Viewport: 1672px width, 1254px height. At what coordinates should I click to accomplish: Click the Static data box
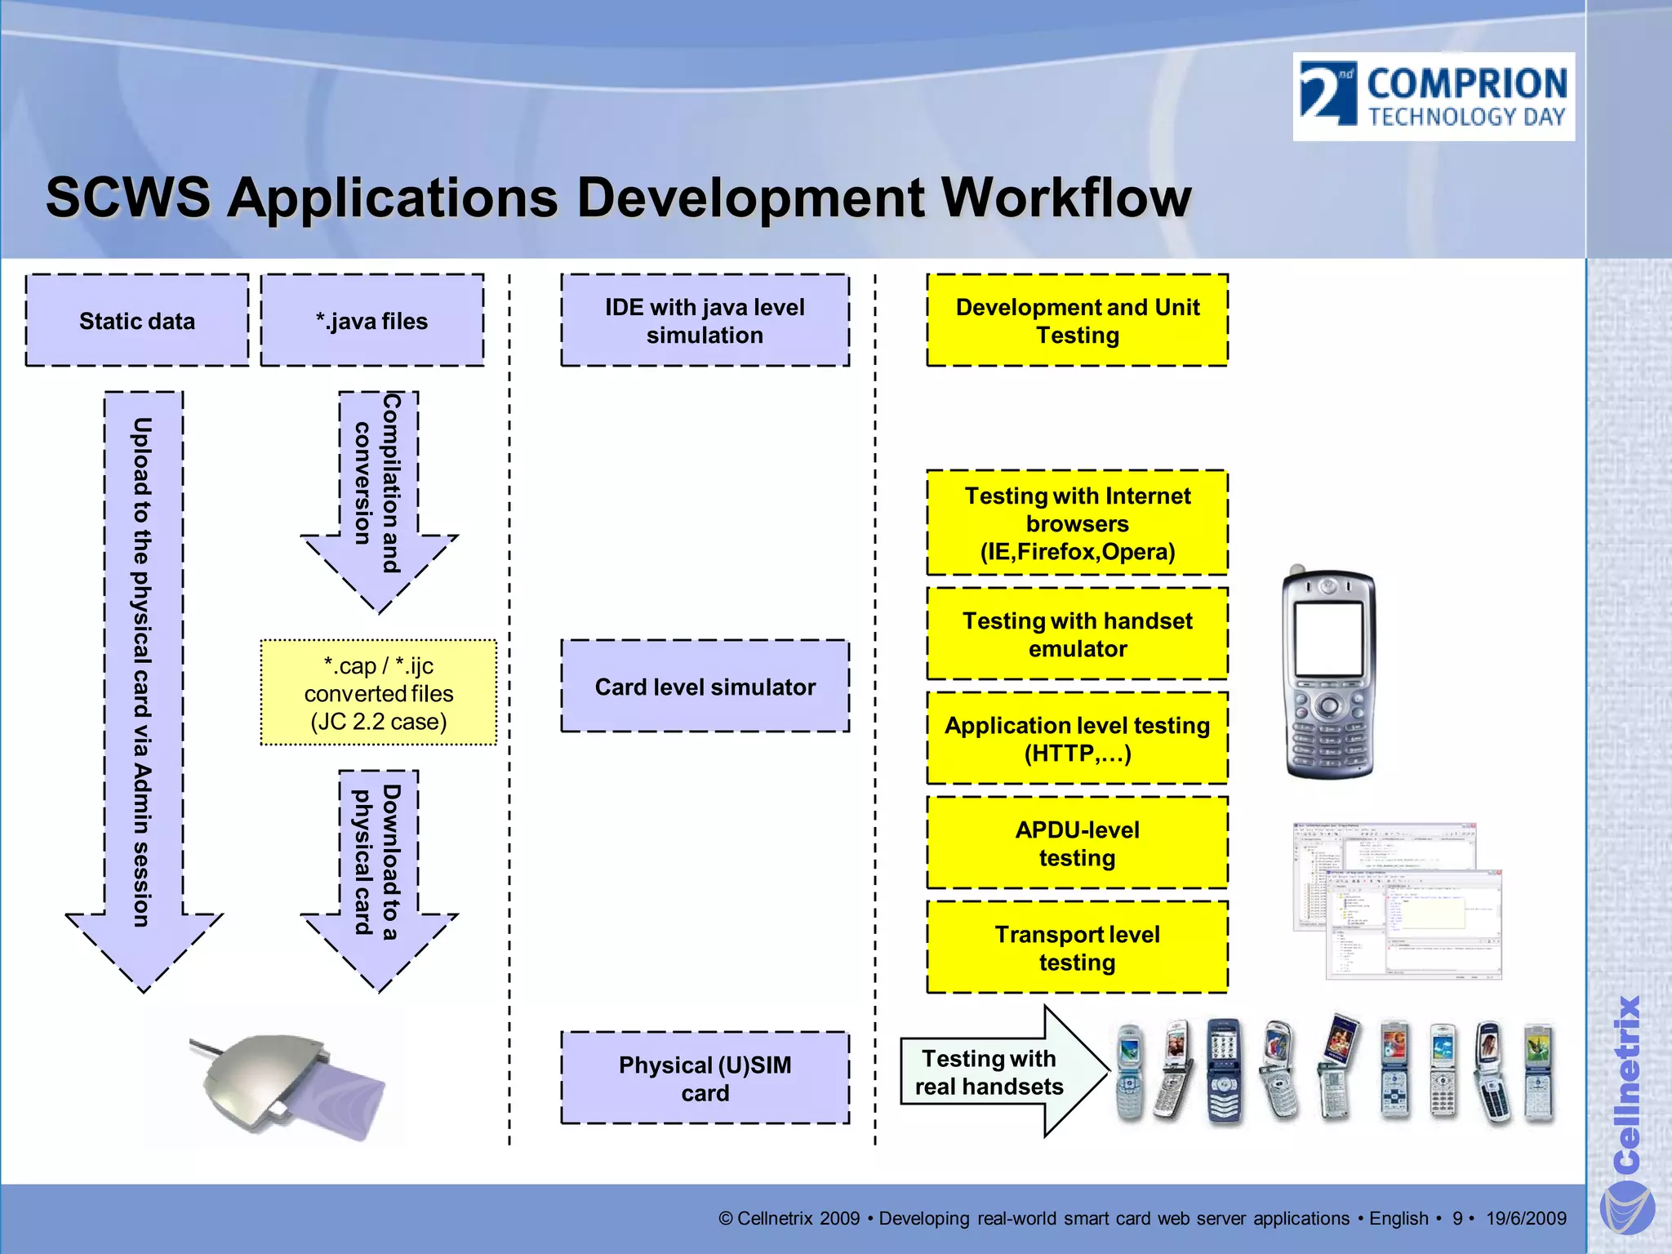137,321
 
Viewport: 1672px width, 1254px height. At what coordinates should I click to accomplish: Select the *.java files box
372,321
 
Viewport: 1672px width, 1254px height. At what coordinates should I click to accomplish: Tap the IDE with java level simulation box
705,321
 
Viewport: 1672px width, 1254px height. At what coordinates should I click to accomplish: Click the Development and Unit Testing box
1077,321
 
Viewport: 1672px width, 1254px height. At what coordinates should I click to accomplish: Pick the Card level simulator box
705,687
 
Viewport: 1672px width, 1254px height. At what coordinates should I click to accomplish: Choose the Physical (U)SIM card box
705,1078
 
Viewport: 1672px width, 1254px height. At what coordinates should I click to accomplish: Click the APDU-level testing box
1077,843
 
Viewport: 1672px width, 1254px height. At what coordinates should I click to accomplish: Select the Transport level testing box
1077,948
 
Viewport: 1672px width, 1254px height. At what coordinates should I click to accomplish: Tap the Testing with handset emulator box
1077,634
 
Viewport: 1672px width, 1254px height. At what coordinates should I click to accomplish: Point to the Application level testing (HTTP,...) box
1077,739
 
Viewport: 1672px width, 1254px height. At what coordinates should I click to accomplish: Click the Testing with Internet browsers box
1077,523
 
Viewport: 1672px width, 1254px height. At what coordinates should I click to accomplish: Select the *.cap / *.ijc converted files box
379,693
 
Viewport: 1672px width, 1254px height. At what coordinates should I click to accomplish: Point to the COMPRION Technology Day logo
1434,96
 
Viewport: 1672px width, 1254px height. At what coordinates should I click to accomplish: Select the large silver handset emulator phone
1329,674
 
